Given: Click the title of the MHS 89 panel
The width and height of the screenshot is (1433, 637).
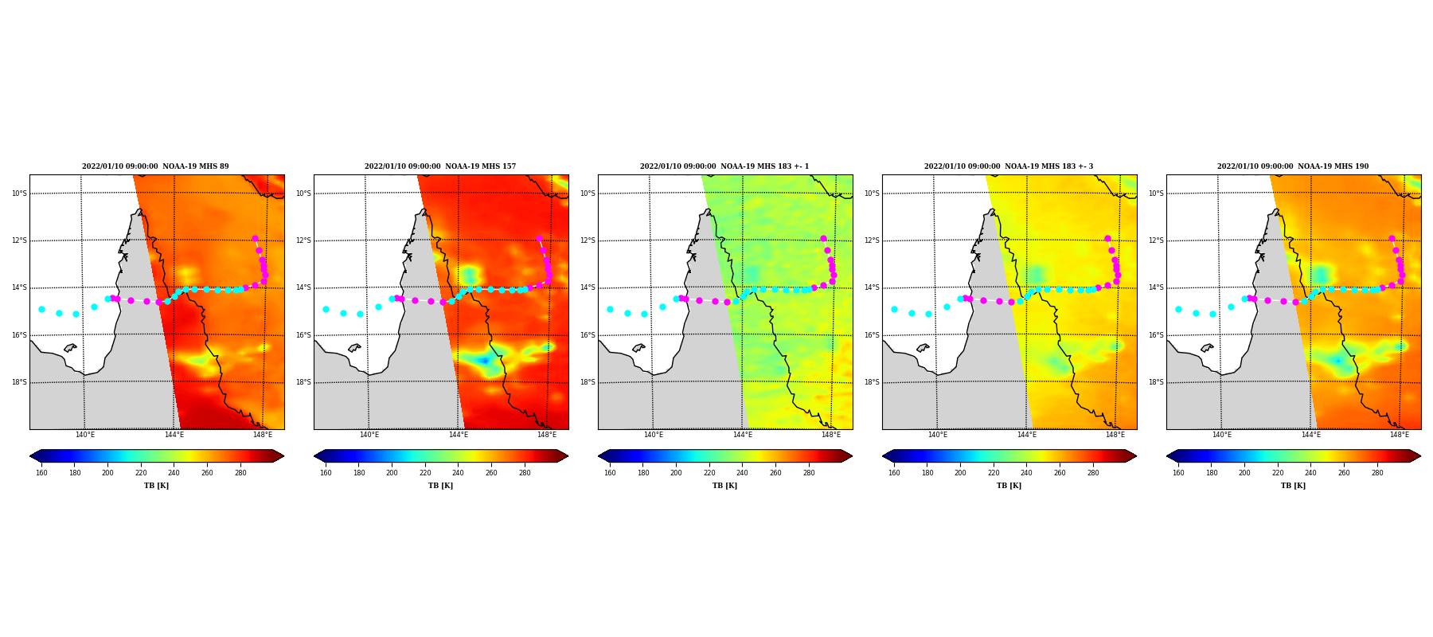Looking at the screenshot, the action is coord(155,166).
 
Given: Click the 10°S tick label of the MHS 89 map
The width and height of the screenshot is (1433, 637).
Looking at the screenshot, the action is coord(18,193).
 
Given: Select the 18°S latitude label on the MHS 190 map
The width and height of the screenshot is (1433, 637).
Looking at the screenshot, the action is coord(1155,382).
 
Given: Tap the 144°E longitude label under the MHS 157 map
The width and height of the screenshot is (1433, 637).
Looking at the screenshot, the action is coord(458,435).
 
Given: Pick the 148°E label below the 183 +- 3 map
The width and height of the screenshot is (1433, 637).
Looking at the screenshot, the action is coord(1115,435).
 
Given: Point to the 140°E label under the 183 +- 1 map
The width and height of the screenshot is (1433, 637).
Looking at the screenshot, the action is coord(654,435).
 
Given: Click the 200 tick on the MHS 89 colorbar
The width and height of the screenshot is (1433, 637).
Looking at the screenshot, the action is coord(107,473).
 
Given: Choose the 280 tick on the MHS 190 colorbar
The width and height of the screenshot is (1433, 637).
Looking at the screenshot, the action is coord(1377,473).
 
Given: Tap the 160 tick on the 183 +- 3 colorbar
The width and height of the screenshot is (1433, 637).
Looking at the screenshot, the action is coord(894,473).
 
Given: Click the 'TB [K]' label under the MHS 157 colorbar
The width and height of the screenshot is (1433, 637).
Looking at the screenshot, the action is coord(440,486).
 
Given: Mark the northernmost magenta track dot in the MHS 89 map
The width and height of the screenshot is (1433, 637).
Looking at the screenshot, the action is coord(255,238).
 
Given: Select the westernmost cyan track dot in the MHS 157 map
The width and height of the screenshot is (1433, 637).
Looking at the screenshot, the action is coord(326,309).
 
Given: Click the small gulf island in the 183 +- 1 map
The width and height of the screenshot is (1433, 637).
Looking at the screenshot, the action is coord(638,348).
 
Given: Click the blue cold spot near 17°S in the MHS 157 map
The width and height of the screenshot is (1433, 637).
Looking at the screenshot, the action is coord(484,361).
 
